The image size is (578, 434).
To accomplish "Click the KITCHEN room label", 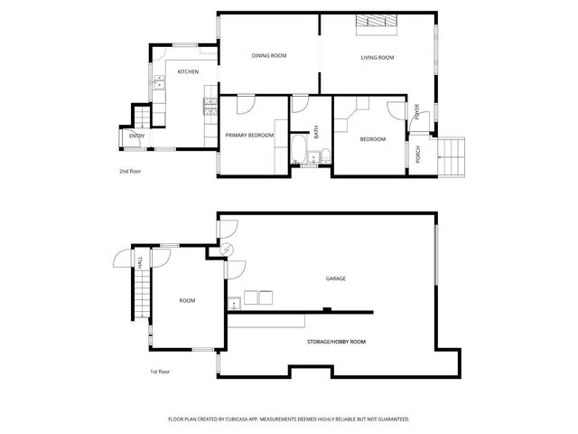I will pyautogui.click(x=188, y=71).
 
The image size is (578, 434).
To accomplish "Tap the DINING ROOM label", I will pyautogui.click(x=268, y=56).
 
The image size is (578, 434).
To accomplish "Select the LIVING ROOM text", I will pyautogui.click(x=378, y=58).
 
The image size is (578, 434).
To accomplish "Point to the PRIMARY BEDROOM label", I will pyautogui.click(x=249, y=135).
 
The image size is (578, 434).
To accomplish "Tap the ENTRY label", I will pyautogui.click(x=136, y=136).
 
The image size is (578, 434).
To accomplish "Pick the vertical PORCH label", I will pyautogui.click(x=417, y=154).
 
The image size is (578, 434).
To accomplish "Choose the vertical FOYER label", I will pyautogui.click(x=417, y=112).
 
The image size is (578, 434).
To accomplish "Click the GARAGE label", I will pyautogui.click(x=337, y=278).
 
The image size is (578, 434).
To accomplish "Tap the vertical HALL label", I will pyautogui.click(x=140, y=261).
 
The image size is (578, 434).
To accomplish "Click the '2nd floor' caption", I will pyautogui.click(x=130, y=171).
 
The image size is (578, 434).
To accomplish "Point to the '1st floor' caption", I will pyautogui.click(x=160, y=372).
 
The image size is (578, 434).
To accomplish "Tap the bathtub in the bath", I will pyautogui.click(x=299, y=149).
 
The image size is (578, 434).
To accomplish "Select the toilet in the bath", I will pyautogui.click(x=325, y=155).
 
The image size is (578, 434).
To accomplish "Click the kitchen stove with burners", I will pyautogui.click(x=210, y=107).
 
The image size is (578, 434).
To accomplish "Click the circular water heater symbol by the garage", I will pyautogui.click(x=228, y=251).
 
